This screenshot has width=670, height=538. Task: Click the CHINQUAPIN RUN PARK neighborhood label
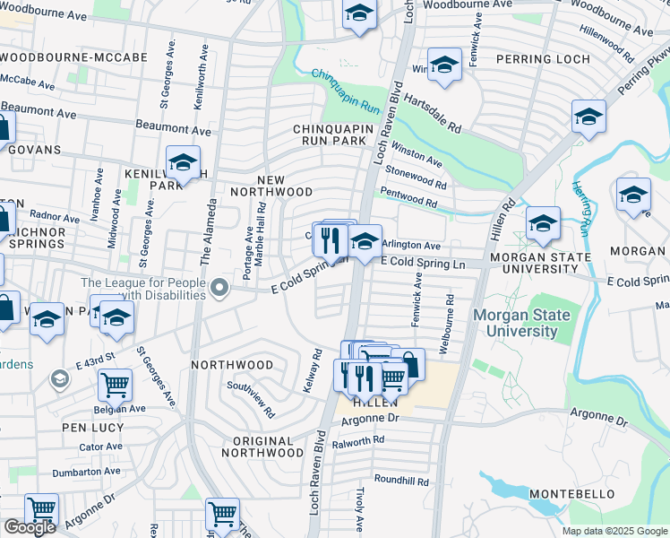click(331, 134)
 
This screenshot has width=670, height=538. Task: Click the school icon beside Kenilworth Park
click(183, 163)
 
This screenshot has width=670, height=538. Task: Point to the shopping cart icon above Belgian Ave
click(115, 385)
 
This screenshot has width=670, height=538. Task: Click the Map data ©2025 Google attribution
click(613, 531)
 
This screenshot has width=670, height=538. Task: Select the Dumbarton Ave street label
click(86, 471)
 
